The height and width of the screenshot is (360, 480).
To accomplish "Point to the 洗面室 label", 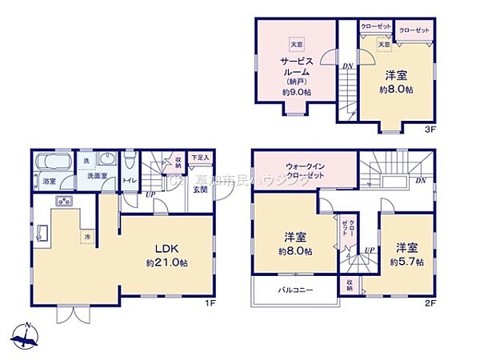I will click(x=98, y=175).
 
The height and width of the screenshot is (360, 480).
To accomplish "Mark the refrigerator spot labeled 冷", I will click(x=83, y=237).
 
